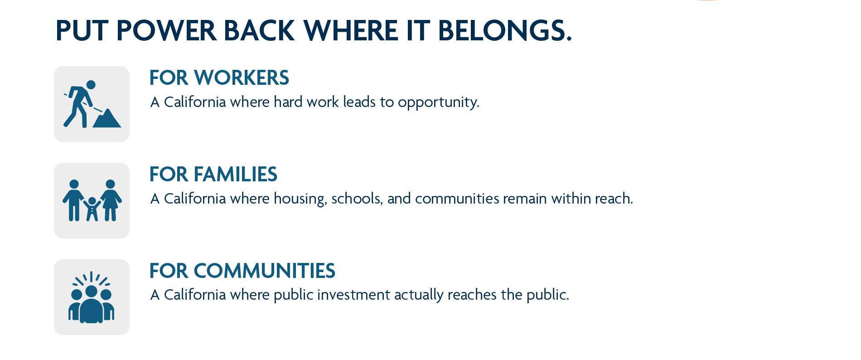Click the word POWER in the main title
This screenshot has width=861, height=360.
pyautogui.click(x=166, y=31)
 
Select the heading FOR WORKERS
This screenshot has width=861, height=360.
pyautogui.click(x=219, y=78)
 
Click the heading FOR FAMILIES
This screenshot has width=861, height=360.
pyautogui.click(x=213, y=174)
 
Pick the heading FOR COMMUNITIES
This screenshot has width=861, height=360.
pyautogui.click(x=242, y=271)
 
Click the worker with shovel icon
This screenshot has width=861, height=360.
pyautogui.click(x=92, y=104)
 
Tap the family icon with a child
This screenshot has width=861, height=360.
pyautogui.click(x=92, y=200)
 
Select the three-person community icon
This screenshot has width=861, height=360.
pyautogui.click(x=92, y=297)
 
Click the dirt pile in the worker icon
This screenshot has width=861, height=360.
pyautogui.click(x=107, y=119)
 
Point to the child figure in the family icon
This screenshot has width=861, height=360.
pyautogui.click(x=92, y=209)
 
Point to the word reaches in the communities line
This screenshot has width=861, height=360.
pyautogui.click(x=472, y=295)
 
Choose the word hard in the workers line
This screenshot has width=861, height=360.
pyautogui.click(x=288, y=102)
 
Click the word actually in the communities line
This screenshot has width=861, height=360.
pyautogui.click(x=419, y=295)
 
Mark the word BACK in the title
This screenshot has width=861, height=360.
pyautogui.click(x=259, y=31)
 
